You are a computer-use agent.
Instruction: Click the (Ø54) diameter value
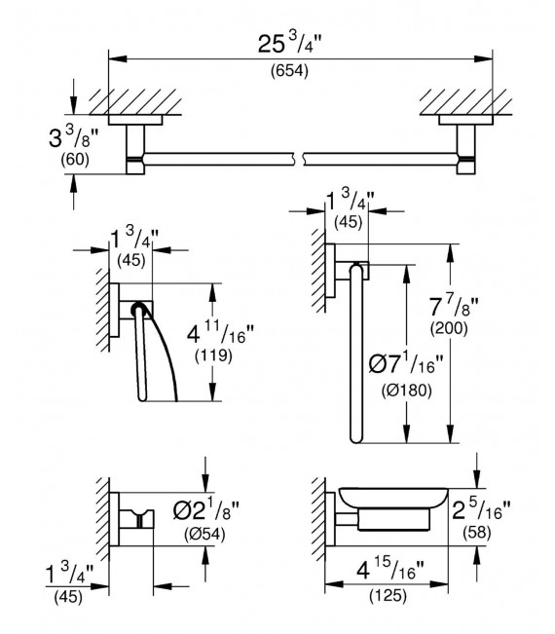(x=203, y=536)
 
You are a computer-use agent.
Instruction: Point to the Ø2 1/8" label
(x=203, y=510)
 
